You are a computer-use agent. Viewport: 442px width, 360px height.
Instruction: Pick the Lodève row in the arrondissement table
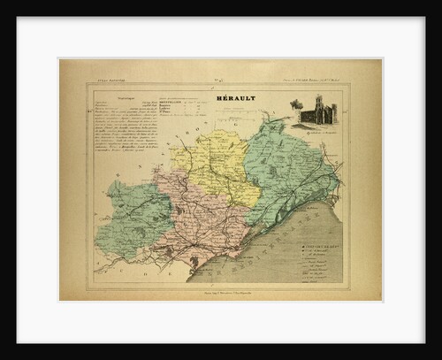pyautogui.click(x=177, y=112)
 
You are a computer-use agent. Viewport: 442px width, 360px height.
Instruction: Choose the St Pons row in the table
pyautogui.click(x=176, y=118)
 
